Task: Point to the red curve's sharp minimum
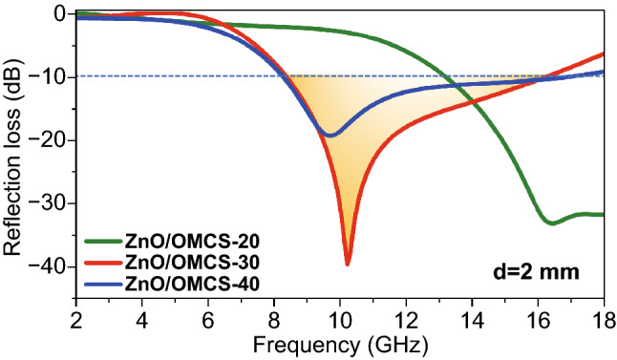point(348,264)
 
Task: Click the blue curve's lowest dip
point(330,136)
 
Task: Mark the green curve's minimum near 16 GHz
point(551,222)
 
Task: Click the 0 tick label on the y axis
point(59,14)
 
